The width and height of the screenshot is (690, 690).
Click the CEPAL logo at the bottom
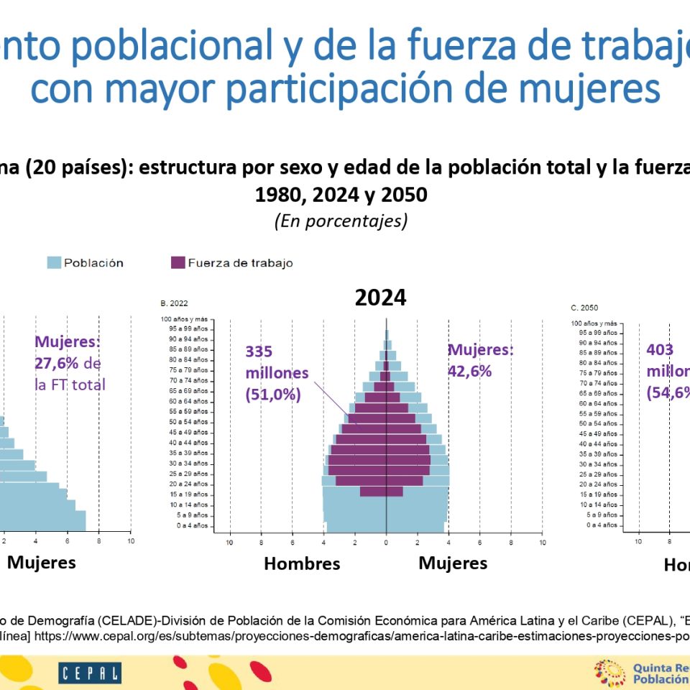pyautogui.click(x=90, y=673)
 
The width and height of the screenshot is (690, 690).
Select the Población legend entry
pyautogui.click(x=85, y=263)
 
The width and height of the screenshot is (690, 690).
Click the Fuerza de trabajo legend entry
pyautogui.click(x=231, y=263)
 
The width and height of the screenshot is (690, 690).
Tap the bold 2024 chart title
pyautogui.click(x=380, y=298)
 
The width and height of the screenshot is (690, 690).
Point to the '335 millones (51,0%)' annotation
pyautogui.click(x=277, y=373)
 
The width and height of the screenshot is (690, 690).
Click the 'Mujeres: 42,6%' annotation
pyautogui.click(x=481, y=360)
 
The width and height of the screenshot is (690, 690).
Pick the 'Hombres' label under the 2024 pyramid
pyautogui.click(x=302, y=563)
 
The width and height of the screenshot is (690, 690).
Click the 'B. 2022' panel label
pyautogui.click(x=175, y=303)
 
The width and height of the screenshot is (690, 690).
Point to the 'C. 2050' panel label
pyautogui.click(x=584, y=308)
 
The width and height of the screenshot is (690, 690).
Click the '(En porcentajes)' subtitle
pyautogui.click(x=341, y=221)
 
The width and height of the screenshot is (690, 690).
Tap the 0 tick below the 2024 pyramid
pyautogui.click(x=386, y=542)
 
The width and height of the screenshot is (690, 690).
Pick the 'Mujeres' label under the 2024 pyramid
pyautogui.click(x=453, y=563)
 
